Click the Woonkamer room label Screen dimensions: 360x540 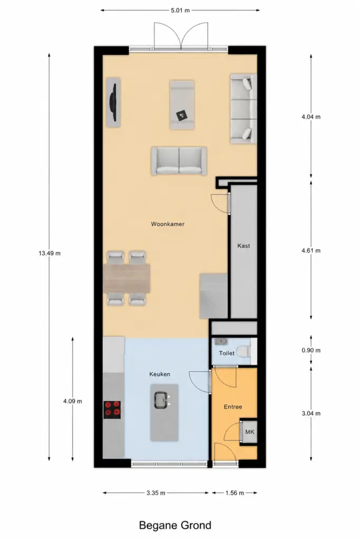(x=168, y=224)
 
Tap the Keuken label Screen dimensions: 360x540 (x=160, y=374)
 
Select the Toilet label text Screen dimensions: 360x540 (x=227, y=353)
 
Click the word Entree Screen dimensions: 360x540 (x=233, y=407)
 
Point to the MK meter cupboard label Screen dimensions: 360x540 (x=250, y=432)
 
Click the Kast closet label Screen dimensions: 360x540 (x=244, y=246)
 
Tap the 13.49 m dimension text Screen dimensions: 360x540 (x=50, y=254)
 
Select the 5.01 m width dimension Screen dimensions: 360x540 (x=180, y=11)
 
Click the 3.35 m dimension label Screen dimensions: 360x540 (x=156, y=493)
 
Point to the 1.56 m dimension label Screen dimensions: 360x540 (x=235, y=493)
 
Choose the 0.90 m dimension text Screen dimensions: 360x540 (x=311, y=351)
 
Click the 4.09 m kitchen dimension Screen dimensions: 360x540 (x=73, y=401)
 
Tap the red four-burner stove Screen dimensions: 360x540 (x=112, y=410)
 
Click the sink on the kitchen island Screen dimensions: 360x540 (x=162, y=400)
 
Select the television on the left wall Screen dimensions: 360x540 (x=113, y=102)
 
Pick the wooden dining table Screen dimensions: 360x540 (x=127, y=278)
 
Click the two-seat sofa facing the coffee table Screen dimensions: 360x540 (x=179, y=161)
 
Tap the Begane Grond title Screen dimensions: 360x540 (x=175, y=525)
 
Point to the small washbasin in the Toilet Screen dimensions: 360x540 (x=221, y=342)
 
